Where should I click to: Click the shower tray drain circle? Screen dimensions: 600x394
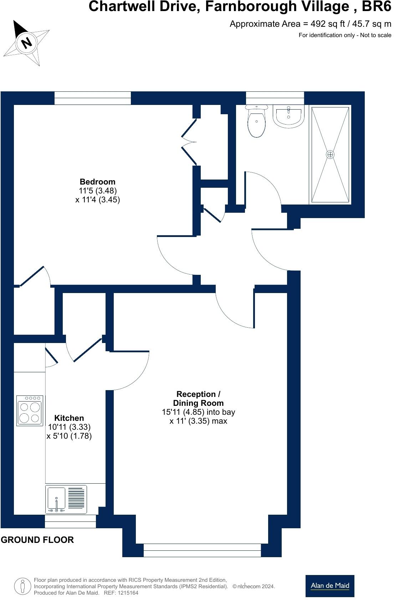[330, 154]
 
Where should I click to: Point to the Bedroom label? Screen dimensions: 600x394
[97, 182]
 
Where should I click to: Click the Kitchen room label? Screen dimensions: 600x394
[69, 418]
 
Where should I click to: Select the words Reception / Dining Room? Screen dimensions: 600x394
[198, 399]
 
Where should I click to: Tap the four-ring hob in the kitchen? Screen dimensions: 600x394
[30, 410]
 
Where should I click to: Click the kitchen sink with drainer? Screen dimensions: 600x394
[66, 499]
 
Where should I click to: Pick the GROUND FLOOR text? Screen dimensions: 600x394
[37, 540]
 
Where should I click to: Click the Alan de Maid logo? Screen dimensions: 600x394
[330, 586]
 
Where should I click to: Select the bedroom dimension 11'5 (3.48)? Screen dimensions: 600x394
[97, 191]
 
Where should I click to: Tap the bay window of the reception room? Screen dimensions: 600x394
[202, 550]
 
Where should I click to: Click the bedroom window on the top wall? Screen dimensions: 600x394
[93, 98]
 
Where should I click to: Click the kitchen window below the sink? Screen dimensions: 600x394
[70, 521]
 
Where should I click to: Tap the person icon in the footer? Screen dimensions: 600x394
[22, 586]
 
